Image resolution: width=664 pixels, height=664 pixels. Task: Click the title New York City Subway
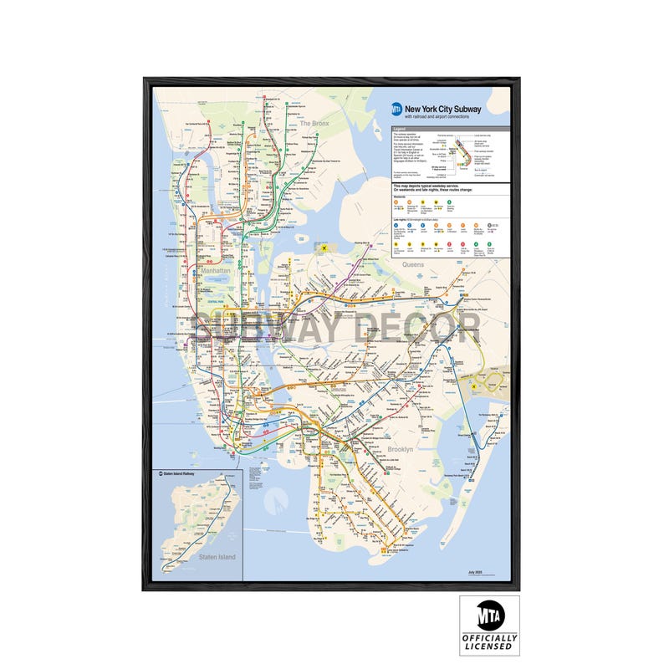[442, 109]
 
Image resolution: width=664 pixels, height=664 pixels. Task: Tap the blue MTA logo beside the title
[396, 110]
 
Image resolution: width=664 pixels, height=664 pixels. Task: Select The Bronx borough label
[314, 124]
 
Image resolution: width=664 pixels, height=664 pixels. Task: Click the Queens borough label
[413, 264]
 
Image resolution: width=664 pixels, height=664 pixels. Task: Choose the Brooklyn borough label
[400, 450]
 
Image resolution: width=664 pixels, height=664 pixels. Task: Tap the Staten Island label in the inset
[217, 557]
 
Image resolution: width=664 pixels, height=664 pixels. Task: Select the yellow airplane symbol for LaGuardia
[321, 248]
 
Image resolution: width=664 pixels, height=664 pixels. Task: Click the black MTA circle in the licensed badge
[489, 616]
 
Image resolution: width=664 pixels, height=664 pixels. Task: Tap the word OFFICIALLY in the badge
[489, 638]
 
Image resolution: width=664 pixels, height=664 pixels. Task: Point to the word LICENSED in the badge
[489, 647]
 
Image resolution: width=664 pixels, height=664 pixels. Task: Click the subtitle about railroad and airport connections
[439, 117]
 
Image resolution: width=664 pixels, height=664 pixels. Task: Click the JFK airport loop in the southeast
[488, 381]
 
